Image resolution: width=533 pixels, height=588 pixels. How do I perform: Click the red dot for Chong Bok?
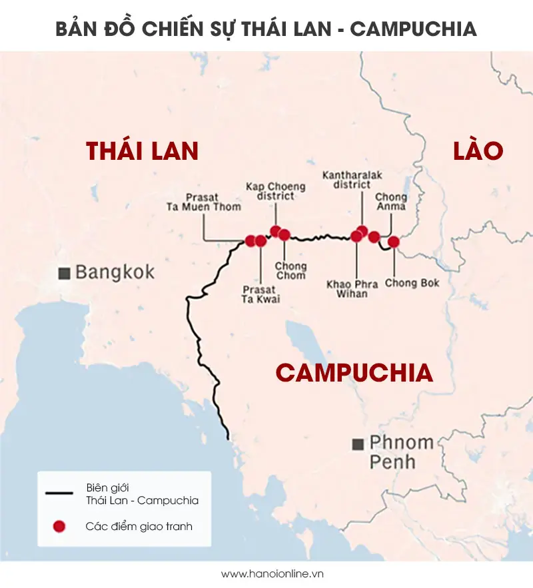point(393,242)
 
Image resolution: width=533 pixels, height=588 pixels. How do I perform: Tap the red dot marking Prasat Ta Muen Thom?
point(251,240)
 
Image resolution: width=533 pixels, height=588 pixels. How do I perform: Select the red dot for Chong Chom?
point(284,234)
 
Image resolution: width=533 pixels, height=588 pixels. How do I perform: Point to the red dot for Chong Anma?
point(374,236)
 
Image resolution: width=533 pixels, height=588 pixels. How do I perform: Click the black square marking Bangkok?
point(65,273)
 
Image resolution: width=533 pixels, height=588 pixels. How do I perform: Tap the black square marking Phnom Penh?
point(358,443)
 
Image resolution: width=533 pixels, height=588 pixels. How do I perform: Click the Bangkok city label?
point(115,272)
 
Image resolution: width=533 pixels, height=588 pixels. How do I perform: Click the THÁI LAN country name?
point(143,151)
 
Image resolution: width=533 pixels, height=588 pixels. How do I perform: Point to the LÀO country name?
point(478,150)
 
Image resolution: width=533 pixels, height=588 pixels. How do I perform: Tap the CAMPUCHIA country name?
point(354,373)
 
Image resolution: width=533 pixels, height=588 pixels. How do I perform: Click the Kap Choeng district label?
point(275,191)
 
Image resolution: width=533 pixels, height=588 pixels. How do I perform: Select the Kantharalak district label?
point(352,180)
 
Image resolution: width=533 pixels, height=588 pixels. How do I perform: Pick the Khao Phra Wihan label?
point(352,289)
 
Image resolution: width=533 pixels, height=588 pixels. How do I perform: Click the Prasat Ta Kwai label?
point(261,294)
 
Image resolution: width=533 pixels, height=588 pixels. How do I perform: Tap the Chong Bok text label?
point(412,283)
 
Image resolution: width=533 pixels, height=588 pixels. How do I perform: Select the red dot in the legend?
point(59,526)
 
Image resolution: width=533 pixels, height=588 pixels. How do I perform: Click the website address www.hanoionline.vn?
point(266,573)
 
